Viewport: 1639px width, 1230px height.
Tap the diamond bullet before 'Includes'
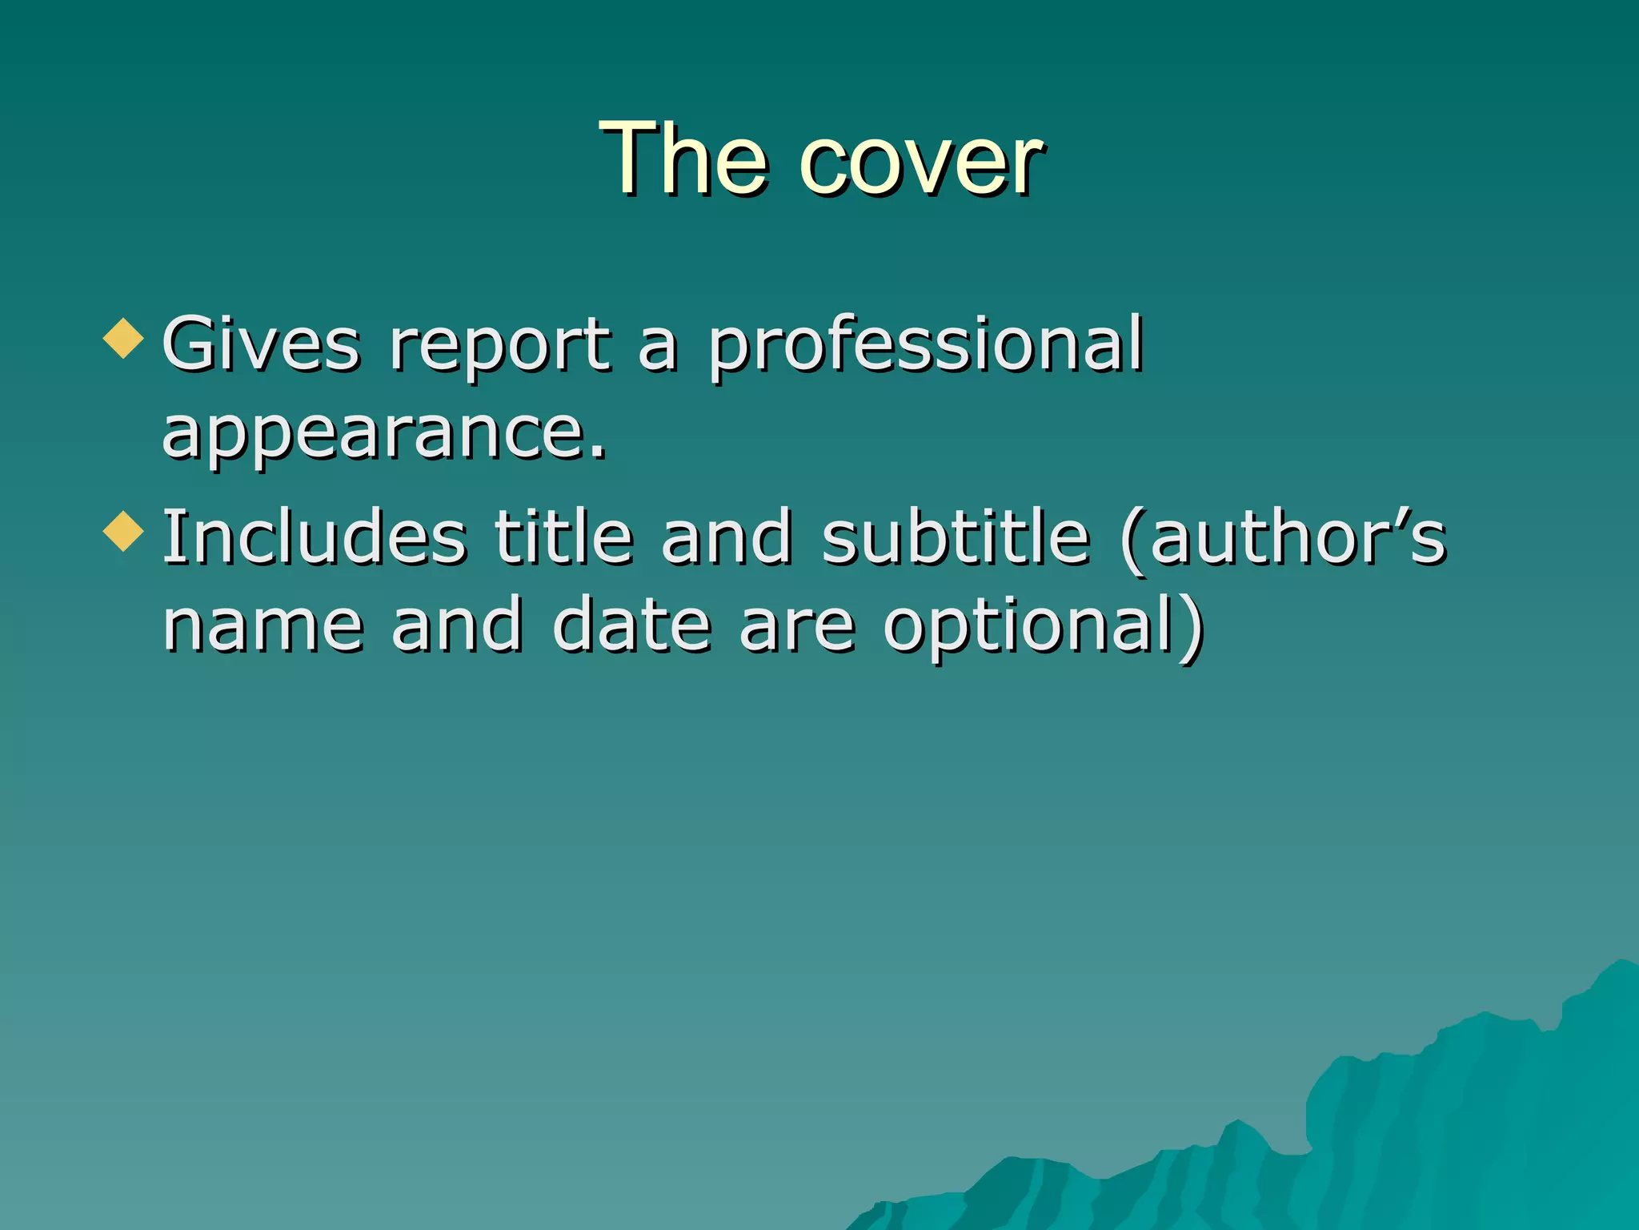tap(123, 531)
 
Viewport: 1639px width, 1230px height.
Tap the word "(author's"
tap(1284, 539)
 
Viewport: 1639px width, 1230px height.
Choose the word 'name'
tap(264, 626)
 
